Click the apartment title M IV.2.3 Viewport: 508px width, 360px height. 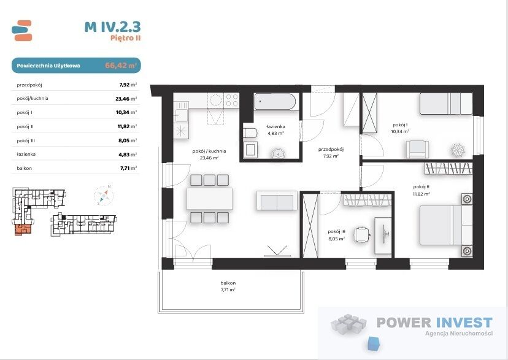point(112,27)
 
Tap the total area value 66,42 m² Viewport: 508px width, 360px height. point(120,66)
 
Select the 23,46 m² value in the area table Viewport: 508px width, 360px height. point(126,99)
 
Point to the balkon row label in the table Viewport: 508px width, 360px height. point(25,168)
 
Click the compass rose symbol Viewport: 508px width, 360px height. point(104,196)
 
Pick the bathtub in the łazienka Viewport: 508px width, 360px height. point(275,102)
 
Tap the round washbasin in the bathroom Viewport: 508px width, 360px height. point(279,153)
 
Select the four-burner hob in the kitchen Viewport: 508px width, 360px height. point(232,100)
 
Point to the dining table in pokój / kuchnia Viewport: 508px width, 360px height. point(209,199)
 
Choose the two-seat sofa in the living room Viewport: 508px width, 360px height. point(277,201)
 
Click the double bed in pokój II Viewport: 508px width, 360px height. point(446,225)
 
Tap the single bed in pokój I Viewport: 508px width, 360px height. point(446,104)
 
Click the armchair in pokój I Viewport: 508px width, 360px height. point(417,149)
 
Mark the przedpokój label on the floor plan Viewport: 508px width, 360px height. point(331,149)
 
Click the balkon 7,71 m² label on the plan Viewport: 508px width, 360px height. point(228,286)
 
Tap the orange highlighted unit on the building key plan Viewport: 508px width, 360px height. point(23,229)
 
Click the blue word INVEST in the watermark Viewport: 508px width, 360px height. point(464,323)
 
